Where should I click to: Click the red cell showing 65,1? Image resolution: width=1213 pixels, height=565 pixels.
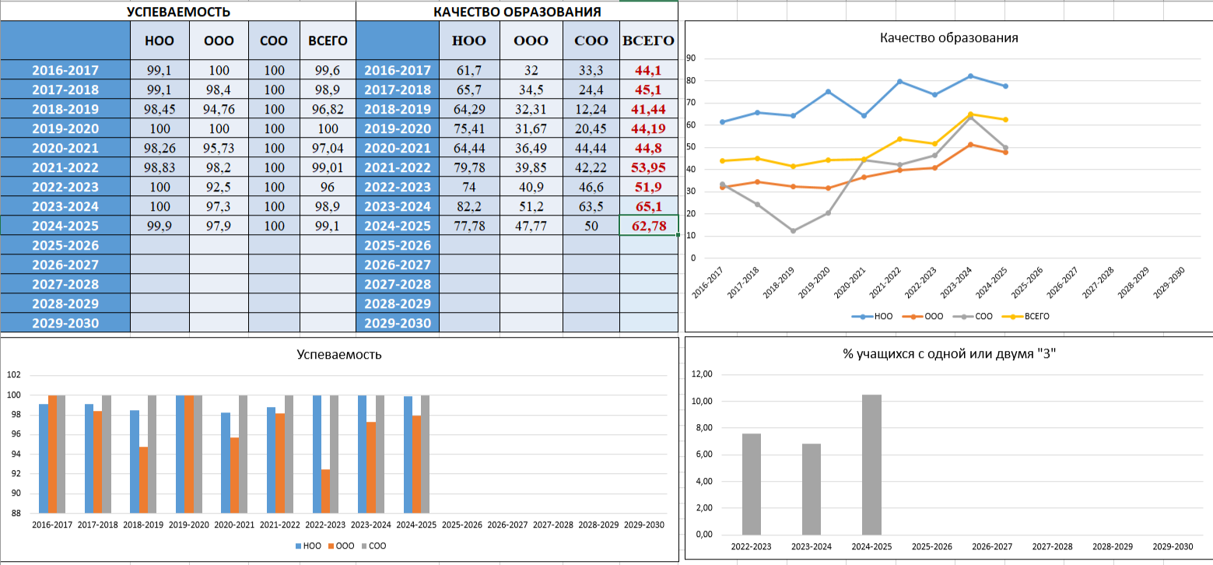click(648, 206)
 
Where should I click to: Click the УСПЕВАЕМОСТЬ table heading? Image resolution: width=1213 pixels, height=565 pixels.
click(178, 12)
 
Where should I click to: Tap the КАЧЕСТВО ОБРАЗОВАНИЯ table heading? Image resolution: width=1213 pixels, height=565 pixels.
click(517, 12)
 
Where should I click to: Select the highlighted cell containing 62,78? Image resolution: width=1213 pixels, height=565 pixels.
click(649, 226)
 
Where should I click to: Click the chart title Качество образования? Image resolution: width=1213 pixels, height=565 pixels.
click(949, 37)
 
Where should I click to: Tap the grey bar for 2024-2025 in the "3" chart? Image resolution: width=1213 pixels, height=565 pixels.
click(872, 465)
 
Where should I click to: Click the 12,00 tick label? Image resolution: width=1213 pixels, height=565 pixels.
click(702, 374)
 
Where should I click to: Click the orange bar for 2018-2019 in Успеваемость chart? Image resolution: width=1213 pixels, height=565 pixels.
click(143, 480)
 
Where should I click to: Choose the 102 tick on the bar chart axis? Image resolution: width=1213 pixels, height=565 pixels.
click(13, 375)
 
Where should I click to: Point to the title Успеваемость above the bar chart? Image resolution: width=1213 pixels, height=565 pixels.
click(339, 354)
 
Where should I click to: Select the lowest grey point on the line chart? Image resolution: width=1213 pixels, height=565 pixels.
click(793, 231)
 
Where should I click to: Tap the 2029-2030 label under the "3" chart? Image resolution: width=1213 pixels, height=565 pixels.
click(1172, 547)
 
